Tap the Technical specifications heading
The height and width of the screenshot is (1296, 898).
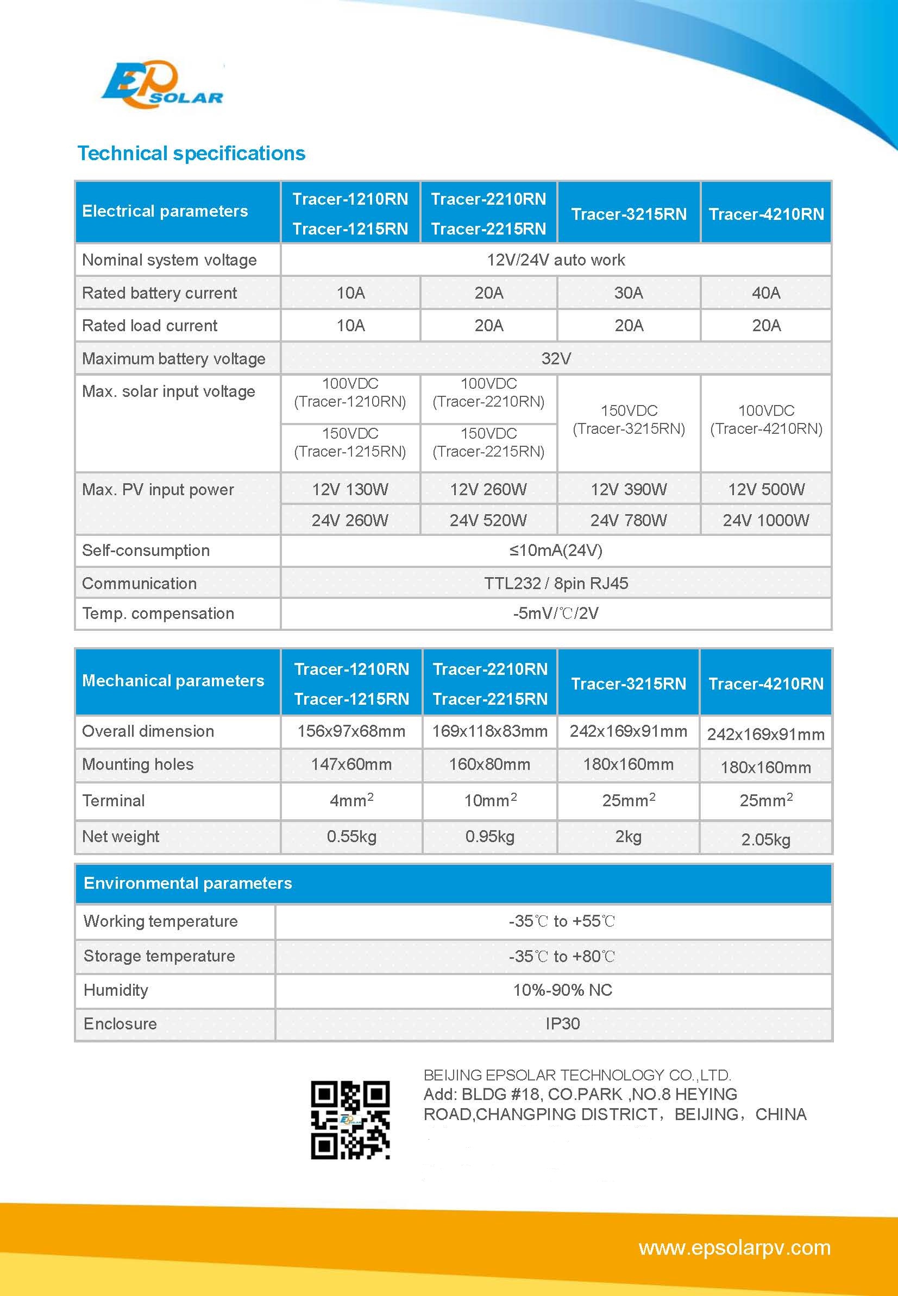tap(191, 153)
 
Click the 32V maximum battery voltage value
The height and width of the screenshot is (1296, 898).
tap(556, 358)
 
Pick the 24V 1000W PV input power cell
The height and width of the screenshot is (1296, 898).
tap(766, 520)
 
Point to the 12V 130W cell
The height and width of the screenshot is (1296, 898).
tap(350, 489)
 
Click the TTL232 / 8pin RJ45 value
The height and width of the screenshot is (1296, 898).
tap(556, 583)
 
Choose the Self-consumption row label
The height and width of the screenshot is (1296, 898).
tap(146, 551)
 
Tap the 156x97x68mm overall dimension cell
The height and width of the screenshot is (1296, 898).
tap(351, 731)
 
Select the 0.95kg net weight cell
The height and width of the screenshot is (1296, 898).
tap(489, 837)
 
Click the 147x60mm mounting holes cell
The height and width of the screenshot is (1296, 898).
tap(351, 764)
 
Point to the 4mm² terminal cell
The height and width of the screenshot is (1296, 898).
tap(351, 800)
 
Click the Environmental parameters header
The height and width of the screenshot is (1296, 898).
tap(188, 883)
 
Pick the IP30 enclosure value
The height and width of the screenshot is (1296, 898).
tap(562, 1023)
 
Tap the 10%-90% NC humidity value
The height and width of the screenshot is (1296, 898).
tap(562, 990)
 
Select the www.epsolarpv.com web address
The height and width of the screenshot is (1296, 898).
tap(734, 1248)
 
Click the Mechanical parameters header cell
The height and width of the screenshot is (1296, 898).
tap(173, 681)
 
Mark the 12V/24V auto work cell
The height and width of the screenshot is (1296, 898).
tap(556, 260)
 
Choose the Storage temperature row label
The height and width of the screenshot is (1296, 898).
tap(159, 956)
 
